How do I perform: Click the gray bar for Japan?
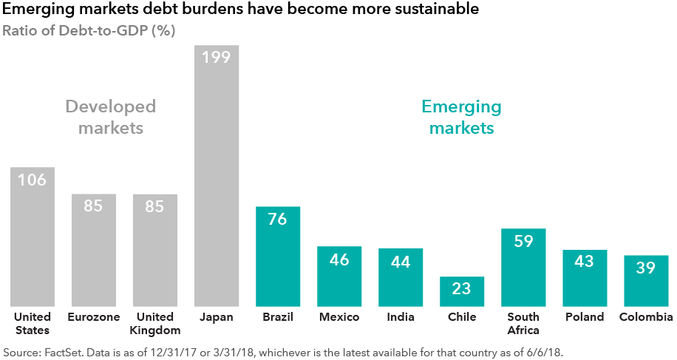[x=217, y=185]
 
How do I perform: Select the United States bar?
[x=33, y=244]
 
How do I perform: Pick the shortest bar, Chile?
[x=462, y=292]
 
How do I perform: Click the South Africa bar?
[x=523, y=270]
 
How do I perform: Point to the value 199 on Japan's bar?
[x=217, y=57]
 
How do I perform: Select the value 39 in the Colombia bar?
[x=646, y=268]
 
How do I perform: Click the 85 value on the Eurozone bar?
[x=93, y=206]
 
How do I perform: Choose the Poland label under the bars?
[x=585, y=317]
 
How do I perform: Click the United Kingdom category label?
[x=155, y=323]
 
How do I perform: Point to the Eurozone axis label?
[x=93, y=317]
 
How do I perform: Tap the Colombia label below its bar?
[x=646, y=317]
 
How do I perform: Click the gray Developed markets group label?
[x=111, y=117]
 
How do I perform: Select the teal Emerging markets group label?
[x=461, y=117]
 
